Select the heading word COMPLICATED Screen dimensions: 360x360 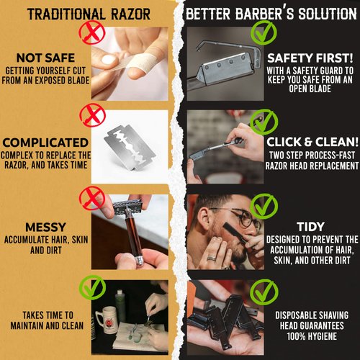tap(45, 143)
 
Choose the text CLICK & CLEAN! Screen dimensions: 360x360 tap(310, 142)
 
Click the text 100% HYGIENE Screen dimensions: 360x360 tap(311, 336)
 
